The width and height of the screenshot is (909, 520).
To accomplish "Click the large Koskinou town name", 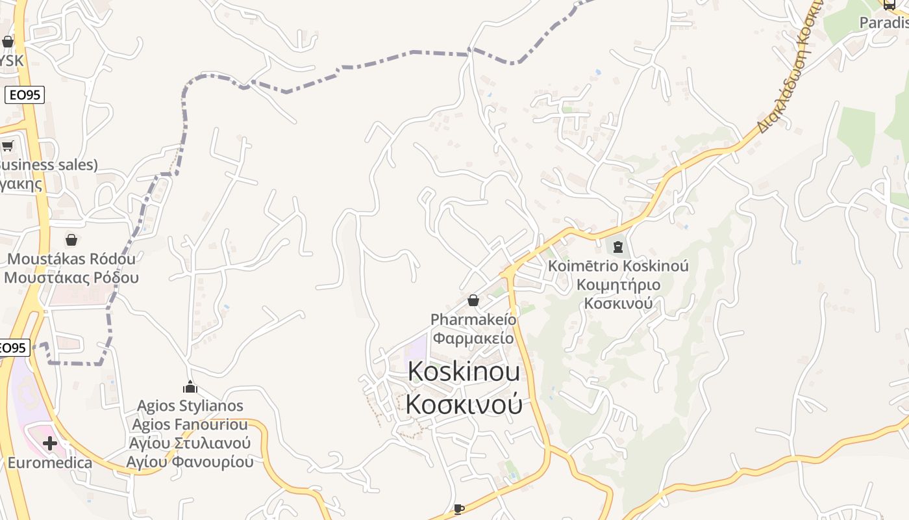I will pyautogui.click(x=464, y=371).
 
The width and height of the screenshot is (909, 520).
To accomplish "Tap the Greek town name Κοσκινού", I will pyautogui.click(x=464, y=404).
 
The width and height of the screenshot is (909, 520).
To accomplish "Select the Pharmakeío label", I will pyautogui.click(x=473, y=320).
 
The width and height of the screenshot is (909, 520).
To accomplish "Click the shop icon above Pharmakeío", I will pyautogui.click(x=473, y=300).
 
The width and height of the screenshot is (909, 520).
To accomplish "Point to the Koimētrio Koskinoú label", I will pyautogui.click(x=618, y=266).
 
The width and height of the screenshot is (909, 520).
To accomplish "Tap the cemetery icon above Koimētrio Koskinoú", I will pyautogui.click(x=617, y=247).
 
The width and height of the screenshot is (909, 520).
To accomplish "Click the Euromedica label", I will pyautogui.click(x=49, y=463).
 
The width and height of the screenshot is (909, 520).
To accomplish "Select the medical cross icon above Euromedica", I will pyautogui.click(x=49, y=444).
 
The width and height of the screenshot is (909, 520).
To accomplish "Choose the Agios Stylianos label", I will pyautogui.click(x=190, y=406).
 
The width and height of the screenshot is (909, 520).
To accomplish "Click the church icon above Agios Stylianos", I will pyautogui.click(x=190, y=387).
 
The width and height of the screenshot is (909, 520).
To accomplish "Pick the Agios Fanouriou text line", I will pyautogui.click(x=190, y=425).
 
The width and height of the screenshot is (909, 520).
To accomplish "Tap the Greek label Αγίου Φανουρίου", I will pyautogui.click(x=190, y=462).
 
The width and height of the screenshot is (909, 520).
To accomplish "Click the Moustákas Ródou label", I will pyautogui.click(x=71, y=259).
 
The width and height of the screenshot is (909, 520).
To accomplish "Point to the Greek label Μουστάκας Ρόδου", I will pyautogui.click(x=71, y=278).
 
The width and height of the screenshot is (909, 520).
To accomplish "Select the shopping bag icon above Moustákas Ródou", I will pyautogui.click(x=71, y=240).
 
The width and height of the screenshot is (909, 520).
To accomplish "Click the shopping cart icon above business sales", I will pyautogui.click(x=7, y=146).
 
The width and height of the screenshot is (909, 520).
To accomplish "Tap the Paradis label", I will pyautogui.click(x=884, y=23).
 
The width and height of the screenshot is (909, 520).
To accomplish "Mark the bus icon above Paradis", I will pyautogui.click(x=889, y=5).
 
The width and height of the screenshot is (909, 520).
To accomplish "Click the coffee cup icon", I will pyautogui.click(x=458, y=509).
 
